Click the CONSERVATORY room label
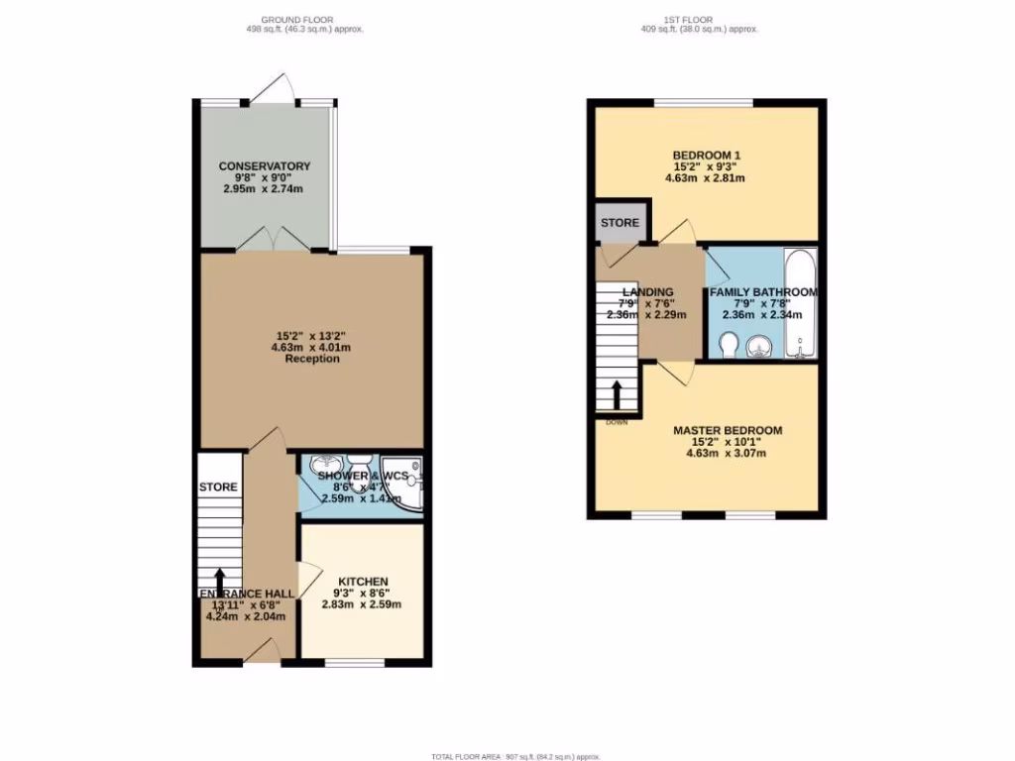click(x=265, y=165)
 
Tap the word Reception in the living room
click(x=312, y=359)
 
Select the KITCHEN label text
click(x=363, y=581)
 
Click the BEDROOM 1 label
click(x=706, y=155)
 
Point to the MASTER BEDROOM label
click(x=728, y=430)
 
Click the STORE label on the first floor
click(x=620, y=223)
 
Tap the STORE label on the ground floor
click(x=218, y=488)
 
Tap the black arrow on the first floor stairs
click(x=616, y=394)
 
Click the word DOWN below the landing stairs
click(x=617, y=421)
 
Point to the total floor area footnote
click(x=515, y=756)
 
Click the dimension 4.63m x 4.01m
click(x=312, y=347)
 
